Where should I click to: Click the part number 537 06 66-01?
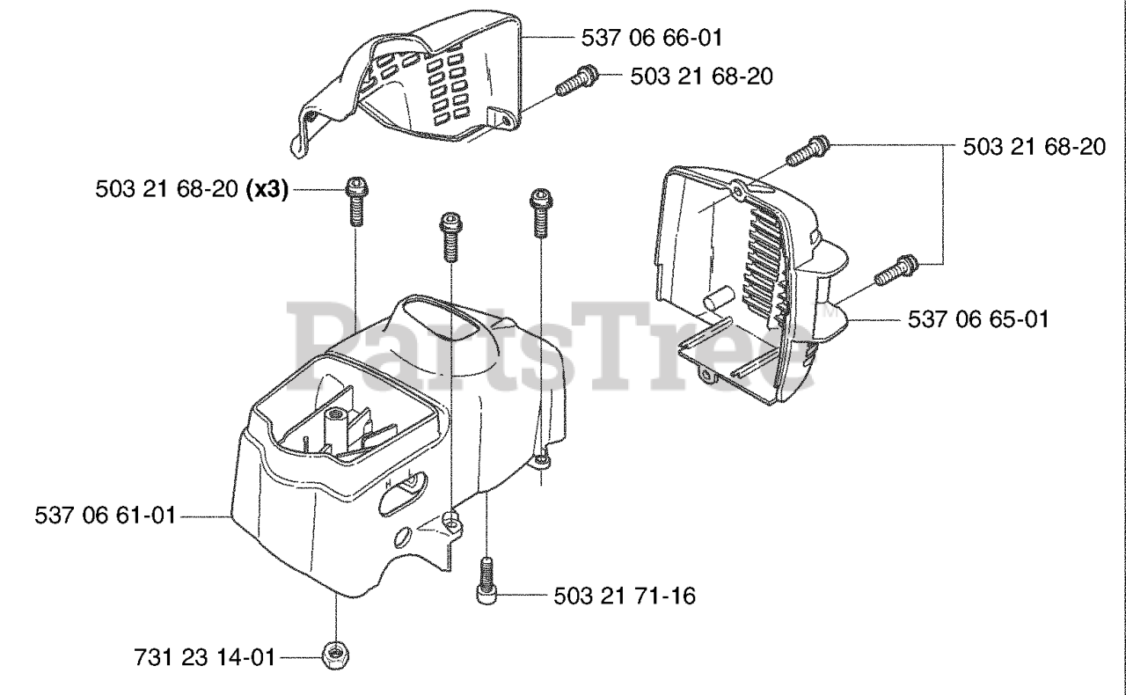[653, 37]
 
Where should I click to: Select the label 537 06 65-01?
[978, 318]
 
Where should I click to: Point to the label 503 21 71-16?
[625, 596]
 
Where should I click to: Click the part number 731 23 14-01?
[205, 656]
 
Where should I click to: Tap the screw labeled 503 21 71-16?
[486, 581]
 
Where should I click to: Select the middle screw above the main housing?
[450, 235]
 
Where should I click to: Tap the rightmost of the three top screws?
[538, 211]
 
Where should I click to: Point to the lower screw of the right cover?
[896, 268]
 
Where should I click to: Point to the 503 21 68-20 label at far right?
[1035, 147]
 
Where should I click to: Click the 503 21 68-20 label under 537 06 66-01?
[702, 77]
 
